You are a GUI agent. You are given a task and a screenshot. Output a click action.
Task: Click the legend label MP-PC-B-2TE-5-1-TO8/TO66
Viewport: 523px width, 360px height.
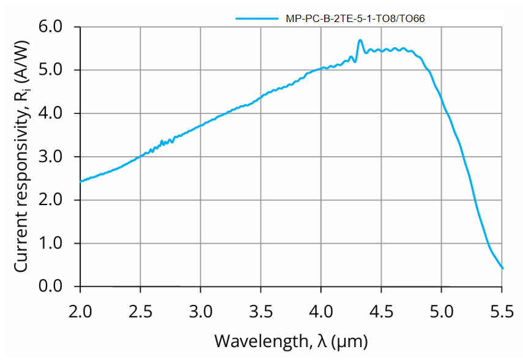[355, 18]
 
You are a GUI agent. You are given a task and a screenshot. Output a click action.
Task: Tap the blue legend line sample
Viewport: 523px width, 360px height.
[258, 18]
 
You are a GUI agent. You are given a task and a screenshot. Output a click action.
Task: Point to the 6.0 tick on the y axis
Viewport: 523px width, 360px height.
[51, 27]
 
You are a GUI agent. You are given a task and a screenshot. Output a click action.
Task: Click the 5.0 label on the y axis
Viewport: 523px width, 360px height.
[51, 70]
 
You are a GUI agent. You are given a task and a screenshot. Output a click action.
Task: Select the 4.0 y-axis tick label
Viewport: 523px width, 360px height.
[51, 114]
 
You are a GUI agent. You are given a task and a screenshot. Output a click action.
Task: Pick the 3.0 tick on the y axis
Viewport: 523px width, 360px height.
[51, 157]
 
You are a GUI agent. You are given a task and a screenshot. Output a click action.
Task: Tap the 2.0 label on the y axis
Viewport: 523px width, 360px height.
[51, 200]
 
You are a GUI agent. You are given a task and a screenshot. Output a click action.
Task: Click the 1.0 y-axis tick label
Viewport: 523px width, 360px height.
[51, 244]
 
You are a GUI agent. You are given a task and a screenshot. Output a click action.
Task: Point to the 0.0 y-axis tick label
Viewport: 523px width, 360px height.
[51, 287]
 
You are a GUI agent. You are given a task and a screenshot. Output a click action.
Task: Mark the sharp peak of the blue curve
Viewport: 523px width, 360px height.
[360, 40]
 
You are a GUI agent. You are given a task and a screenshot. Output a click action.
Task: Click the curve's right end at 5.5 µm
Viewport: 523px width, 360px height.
[502, 268]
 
